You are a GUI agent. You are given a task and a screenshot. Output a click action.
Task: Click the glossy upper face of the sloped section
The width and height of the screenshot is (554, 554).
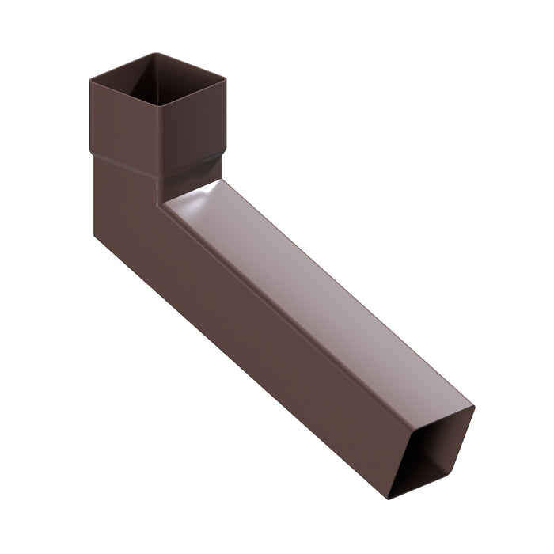point(317,285)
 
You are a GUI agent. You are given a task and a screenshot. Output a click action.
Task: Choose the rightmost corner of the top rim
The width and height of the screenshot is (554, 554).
point(225,78)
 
